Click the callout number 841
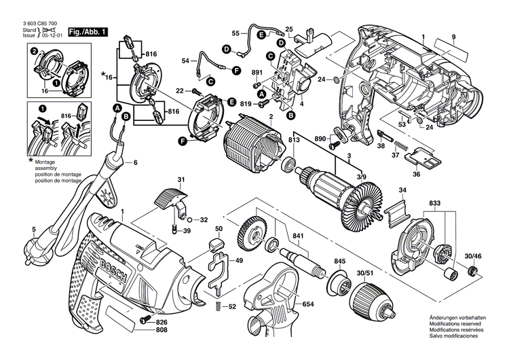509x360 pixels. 297,236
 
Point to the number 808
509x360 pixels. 160,331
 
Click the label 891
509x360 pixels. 257,73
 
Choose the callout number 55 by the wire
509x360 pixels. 235,33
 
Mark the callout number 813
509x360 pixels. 293,141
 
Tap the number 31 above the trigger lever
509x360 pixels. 181,179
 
